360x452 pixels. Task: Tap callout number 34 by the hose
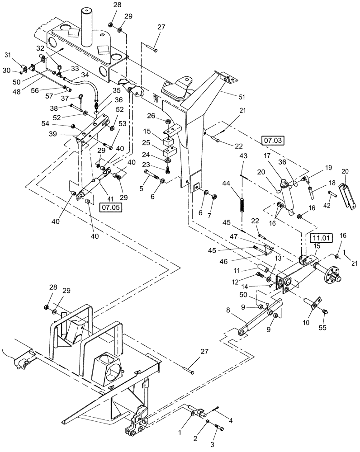tap(85, 75)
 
